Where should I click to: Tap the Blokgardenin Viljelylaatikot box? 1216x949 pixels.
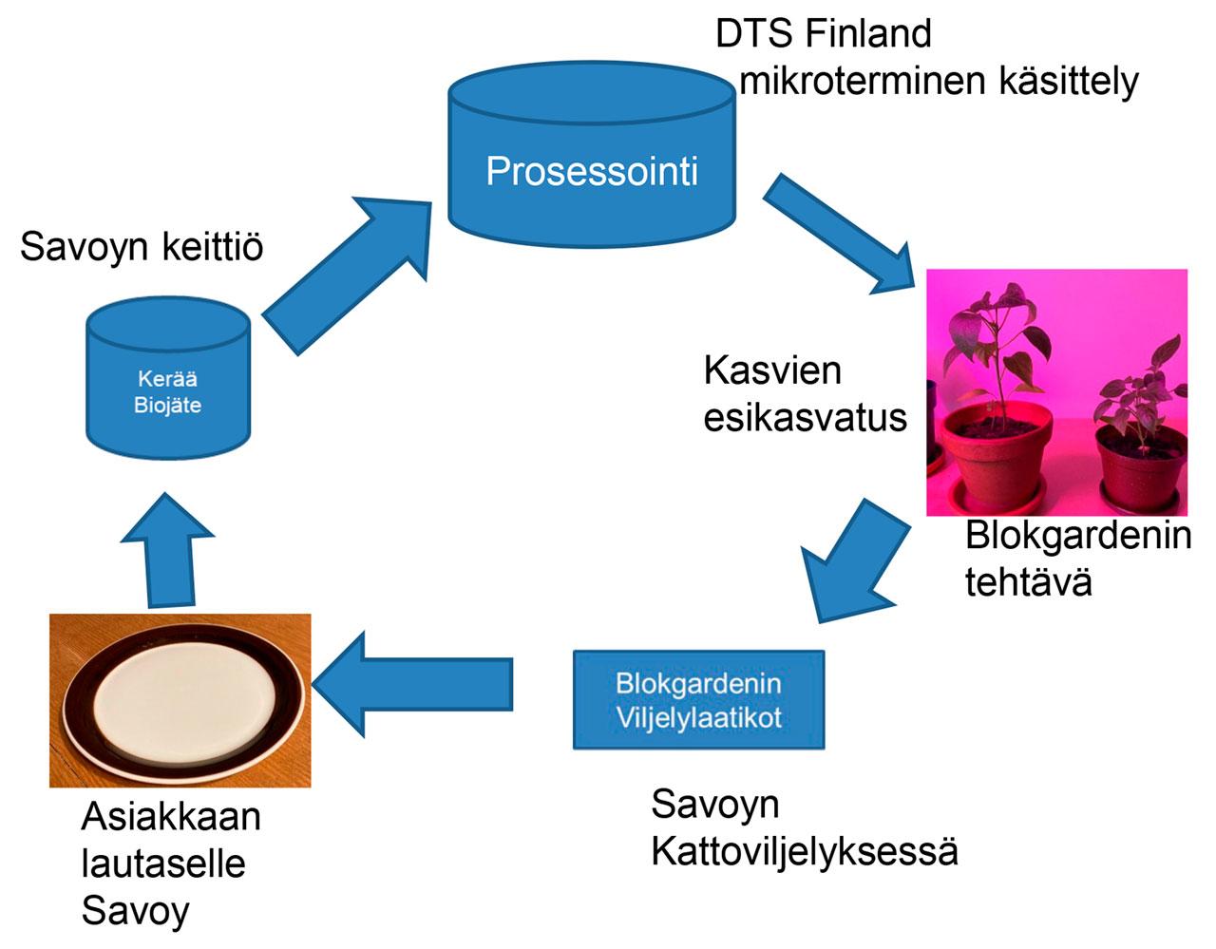(x=698, y=699)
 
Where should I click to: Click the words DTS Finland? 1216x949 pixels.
(x=823, y=34)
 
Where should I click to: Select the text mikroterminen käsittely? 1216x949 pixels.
(x=939, y=82)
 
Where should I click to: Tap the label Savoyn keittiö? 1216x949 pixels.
(x=142, y=247)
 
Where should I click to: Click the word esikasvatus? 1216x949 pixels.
(x=805, y=418)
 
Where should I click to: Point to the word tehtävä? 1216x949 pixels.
(x=1028, y=582)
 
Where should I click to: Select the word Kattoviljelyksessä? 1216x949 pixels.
(x=805, y=851)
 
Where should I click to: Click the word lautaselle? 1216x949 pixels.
(x=163, y=864)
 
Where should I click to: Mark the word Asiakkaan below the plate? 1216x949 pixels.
(x=171, y=817)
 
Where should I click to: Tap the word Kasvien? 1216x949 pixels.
(x=772, y=370)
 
